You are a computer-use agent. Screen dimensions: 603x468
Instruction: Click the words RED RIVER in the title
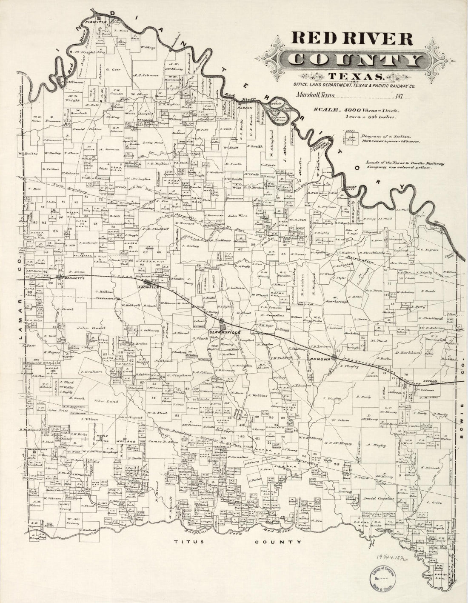coord(351,39)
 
